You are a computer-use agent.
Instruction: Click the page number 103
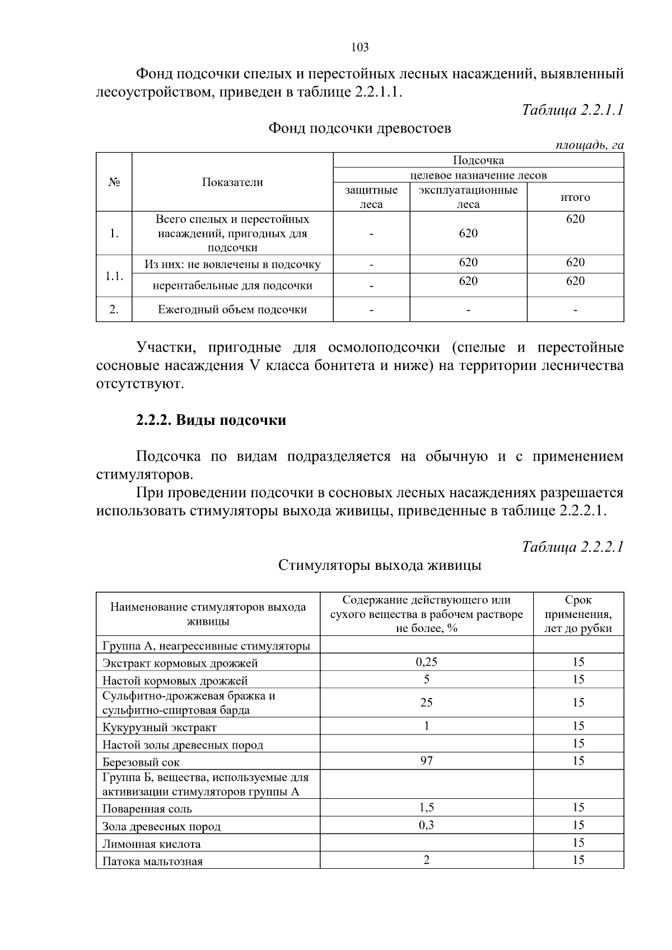[360, 47]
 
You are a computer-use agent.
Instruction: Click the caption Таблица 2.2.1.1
[572, 110]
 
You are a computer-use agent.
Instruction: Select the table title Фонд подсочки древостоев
[360, 128]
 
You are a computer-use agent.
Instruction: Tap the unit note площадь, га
[589, 145]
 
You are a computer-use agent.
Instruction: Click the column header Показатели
[232, 182]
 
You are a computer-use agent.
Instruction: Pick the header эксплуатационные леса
[468, 197]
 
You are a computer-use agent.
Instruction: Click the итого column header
[575, 197]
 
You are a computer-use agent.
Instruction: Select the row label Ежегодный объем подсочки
[232, 310]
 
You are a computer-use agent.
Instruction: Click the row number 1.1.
[114, 276]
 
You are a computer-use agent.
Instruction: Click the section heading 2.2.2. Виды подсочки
[211, 420]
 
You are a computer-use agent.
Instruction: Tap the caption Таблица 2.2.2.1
[572, 546]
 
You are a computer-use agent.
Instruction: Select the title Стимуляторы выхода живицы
[380, 565]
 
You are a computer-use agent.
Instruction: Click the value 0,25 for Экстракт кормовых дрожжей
[426, 662]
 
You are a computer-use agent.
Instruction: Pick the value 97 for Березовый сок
[426, 761]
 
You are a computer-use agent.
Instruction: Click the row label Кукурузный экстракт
[160, 727]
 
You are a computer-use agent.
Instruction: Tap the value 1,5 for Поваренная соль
[426, 807]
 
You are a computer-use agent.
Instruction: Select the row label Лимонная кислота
[151, 844]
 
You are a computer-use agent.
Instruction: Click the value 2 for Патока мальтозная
[426, 860]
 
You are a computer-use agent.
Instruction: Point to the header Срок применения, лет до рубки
[578, 614]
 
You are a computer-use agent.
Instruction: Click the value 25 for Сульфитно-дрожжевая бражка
[426, 703]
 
